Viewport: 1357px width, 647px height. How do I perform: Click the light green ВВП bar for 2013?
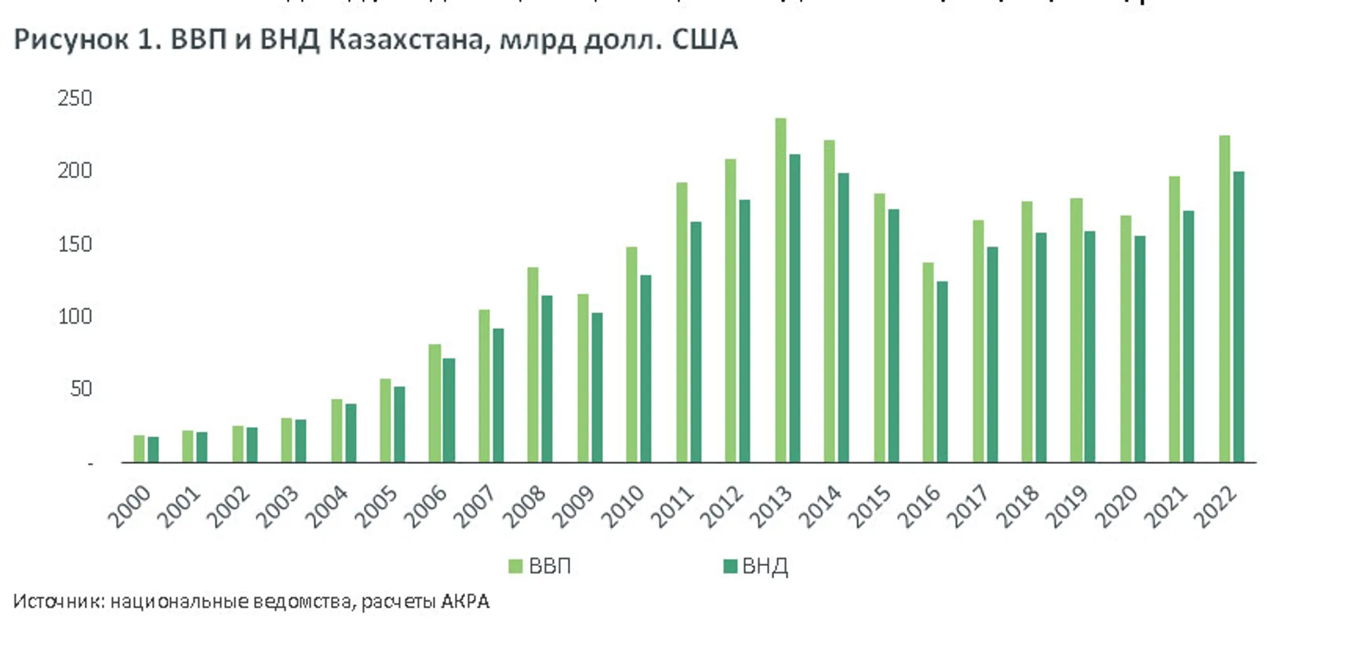pyautogui.click(x=780, y=289)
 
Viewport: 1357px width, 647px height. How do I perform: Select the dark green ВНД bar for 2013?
pyautogui.click(x=795, y=308)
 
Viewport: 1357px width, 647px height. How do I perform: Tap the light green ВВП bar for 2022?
pyautogui.click(x=1224, y=299)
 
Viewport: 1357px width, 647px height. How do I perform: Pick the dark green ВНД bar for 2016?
pyautogui.click(x=942, y=371)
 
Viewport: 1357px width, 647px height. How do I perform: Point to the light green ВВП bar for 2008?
pyautogui.click(x=533, y=365)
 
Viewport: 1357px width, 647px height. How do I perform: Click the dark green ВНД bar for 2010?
pyautogui.click(x=646, y=368)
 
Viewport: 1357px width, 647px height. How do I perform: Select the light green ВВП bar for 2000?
pyautogui.click(x=139, y=448)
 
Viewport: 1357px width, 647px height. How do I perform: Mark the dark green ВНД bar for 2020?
pyautogui.click(x=1140, y=349)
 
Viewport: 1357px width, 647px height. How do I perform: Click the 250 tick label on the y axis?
pyautogui.click(x=75, y=99)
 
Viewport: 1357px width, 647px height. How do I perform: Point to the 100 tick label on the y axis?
pyautogui.click(x=75, y=316)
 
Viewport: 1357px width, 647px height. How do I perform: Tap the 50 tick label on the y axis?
pyautogui.click(x=81, y=389)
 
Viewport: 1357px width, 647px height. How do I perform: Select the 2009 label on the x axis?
pyautogui.click(x=573, y=506)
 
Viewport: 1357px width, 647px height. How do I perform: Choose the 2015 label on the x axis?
pyautogui.click(x=869, y=506)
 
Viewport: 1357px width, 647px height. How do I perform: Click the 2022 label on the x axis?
pyautogui.click(x=1215, y=506)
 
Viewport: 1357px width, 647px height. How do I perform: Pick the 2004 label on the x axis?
pyautogui.click(x=326, y=506)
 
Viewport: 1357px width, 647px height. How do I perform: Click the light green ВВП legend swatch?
pyautogui.click(x=515, y=567)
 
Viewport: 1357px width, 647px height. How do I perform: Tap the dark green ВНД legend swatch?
pyautogui.click(x=730, y=567)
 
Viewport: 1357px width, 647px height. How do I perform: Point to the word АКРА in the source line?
pyautogui.click(x=465, y=602)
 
